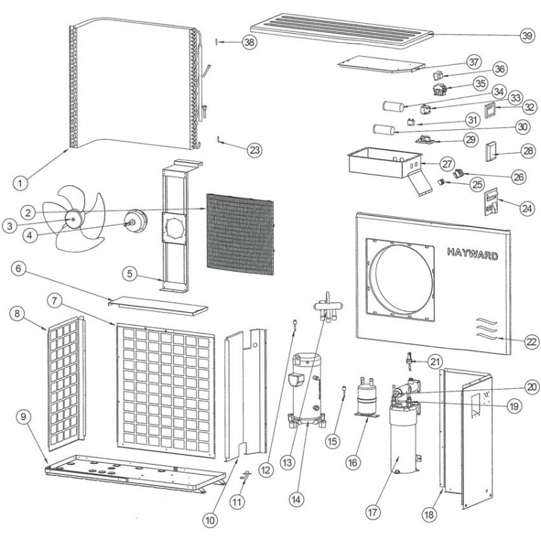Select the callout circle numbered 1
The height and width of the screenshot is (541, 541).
22,182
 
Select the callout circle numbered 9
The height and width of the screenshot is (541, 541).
24,417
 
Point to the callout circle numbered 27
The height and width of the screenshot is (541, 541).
447,164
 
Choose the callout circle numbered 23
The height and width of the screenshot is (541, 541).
254,149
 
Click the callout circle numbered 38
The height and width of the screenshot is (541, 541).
250,42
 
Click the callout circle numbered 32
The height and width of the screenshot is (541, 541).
529,107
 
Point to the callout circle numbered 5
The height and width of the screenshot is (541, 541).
131,274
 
